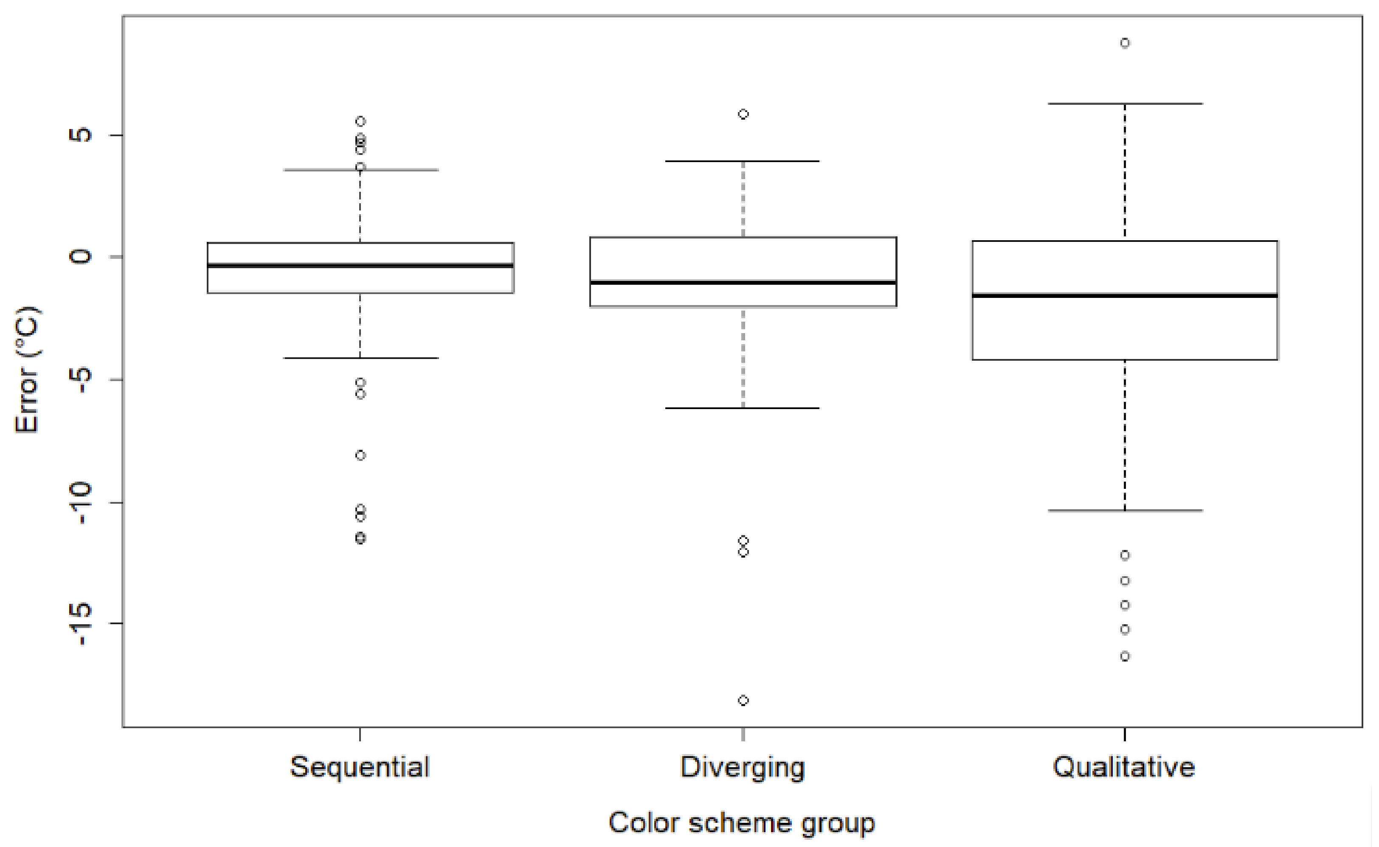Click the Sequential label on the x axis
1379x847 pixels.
point(360,767)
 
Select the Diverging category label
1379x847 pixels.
point(743,767)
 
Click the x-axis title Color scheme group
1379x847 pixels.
point(741,823)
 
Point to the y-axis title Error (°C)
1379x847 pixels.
point(26,370)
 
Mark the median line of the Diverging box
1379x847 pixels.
point(743,282)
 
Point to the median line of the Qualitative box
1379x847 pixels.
point(1125,295)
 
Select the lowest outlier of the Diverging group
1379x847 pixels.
point(743,700)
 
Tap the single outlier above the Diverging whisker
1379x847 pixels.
point(743,114)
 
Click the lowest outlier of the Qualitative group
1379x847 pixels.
point(1125,656)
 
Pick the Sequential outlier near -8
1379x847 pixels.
point(360,455)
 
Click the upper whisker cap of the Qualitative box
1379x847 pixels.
point(1125,104)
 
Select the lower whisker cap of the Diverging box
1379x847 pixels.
point(743,408)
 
